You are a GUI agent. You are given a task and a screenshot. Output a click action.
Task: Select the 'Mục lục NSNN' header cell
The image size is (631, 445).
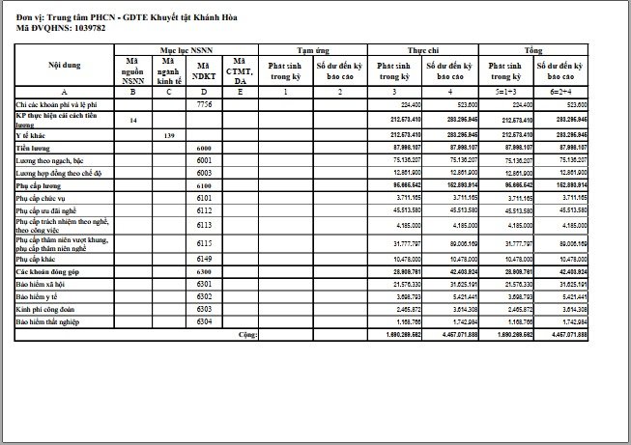tap(186, 47)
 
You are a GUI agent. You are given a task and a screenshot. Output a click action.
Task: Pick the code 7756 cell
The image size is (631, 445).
tap(204, 103)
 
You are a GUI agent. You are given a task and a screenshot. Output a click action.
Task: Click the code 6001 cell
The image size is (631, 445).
tap(204, 159)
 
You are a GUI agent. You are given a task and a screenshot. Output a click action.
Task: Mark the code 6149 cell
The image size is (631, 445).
tap(204, 260)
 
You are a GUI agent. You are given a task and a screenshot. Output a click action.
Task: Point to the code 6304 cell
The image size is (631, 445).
tap(204, 320)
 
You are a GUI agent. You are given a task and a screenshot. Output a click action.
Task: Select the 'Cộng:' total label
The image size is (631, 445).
tap(248, 333)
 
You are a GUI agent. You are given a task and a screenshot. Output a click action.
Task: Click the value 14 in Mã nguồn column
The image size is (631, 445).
tap(133, 120)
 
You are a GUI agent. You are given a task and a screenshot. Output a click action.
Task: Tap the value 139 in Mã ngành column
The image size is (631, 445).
tap(170, 134)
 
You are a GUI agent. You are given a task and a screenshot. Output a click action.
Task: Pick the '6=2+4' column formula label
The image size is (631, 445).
tap(562, 91)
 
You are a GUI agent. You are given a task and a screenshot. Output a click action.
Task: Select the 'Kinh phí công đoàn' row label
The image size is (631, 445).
tap(43, 309)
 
